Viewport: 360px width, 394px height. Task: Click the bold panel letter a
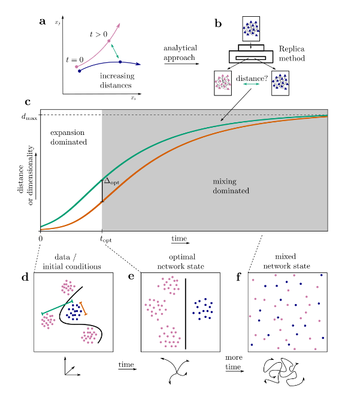point(43,22)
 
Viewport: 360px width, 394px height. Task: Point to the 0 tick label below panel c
point(40,239)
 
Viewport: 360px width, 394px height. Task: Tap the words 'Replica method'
point(292,55)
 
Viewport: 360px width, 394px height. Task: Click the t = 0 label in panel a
point(75,61)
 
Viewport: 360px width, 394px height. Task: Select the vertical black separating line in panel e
point(186,313)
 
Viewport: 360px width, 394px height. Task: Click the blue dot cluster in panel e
point(203,307)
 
